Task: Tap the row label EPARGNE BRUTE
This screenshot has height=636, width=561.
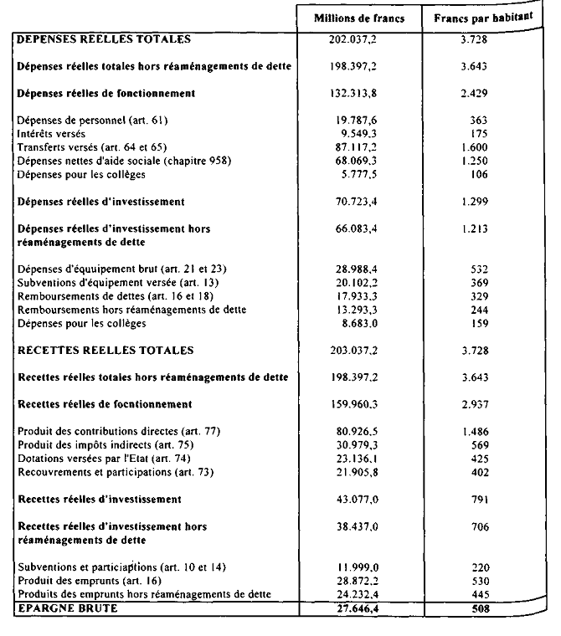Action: [x=68, y=609]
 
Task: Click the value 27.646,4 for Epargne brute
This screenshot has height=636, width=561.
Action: [x=359, y=609]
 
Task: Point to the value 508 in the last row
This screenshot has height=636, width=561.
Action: [x=479, y=609]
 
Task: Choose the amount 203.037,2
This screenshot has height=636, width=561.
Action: [x=359, y=350]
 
